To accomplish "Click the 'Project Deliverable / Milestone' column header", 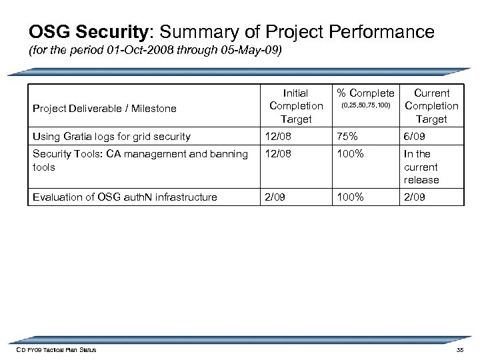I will [x=105, y=108].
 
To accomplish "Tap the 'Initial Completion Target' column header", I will [x=295, y=106].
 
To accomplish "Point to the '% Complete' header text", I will [x=365, y=93].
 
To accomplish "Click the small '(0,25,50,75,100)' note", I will [x=365, y=106].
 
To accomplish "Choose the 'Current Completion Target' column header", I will [x=431, y=106].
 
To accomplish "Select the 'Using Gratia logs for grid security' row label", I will [x=111, y=137].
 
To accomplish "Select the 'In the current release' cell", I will [x=421, y=167].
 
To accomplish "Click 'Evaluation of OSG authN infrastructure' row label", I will [x=125, y=196].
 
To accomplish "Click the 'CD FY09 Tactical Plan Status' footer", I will [x=57, y=350].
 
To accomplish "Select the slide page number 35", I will [x=459, y=350].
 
